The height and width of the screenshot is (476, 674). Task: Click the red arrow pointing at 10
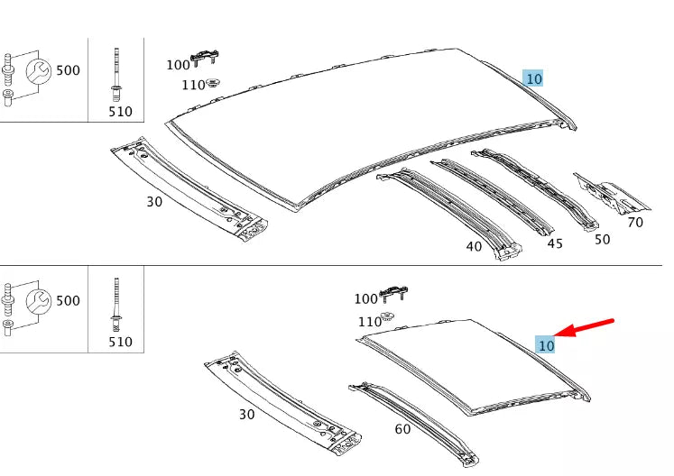(x=587, y=327)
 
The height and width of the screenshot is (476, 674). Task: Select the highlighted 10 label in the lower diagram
(x=545, y=344)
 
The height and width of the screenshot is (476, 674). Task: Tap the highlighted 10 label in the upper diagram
(x=533, y=78)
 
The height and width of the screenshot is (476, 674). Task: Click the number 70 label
(x=634, y=221)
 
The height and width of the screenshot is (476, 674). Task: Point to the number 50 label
(x=601, y=239)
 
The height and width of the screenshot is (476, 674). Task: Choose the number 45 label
(x=555, y=243)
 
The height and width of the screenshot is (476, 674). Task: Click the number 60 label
(x=402, y=428)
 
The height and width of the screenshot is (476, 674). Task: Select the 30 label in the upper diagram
(x=154, y=201)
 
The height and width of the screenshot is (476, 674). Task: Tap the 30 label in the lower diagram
(x=246, y=415)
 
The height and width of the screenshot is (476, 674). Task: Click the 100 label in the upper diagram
(x=178, y=65)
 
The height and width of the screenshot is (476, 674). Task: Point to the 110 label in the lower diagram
(x=369, y=322)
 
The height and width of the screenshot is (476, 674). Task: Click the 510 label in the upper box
(x=119, y=112)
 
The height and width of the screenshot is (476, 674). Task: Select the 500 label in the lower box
(x=68, y=300)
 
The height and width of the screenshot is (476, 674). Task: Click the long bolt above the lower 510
(x=116, y=302)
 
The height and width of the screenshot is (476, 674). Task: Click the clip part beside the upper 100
(x=206, y=59)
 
